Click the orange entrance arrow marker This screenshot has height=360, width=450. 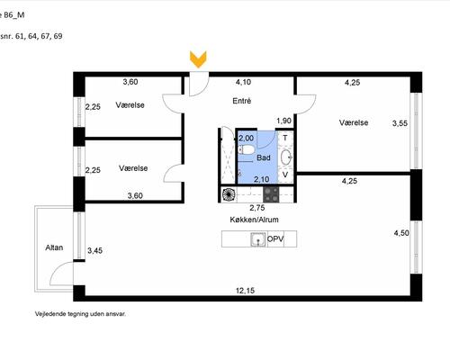[198, 59]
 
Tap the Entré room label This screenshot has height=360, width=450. [242, 101]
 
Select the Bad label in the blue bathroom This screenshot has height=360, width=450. [264, 157]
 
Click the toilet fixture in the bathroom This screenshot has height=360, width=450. [247, 149]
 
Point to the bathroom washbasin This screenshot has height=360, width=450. [286, 157]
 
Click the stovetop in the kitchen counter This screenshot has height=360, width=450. [271, 194]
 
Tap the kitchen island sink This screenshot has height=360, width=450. [258, 239]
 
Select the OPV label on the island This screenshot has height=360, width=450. [275, 239]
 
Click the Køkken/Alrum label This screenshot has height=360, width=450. [254, 220]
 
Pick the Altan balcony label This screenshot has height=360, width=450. [54, 247]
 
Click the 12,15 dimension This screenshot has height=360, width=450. [245, 291]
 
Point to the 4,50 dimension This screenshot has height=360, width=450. [401, 233]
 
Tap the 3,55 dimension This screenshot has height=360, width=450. [400, 123]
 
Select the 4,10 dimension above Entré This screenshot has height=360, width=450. [243, 82]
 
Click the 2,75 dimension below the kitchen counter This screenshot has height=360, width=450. [257, 208]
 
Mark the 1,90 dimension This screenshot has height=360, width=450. [283, 121]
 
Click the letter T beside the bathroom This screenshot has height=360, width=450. [285, 138]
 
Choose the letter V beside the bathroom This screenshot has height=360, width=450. [285, 175]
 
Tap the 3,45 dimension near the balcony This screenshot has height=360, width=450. [94, 250]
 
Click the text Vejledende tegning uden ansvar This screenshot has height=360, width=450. [80, 314]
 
